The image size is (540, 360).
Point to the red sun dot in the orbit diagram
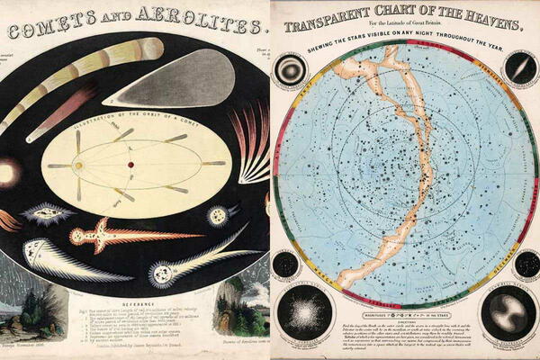80,165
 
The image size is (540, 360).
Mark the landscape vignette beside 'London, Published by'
238,310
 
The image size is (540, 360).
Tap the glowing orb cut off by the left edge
7,171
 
